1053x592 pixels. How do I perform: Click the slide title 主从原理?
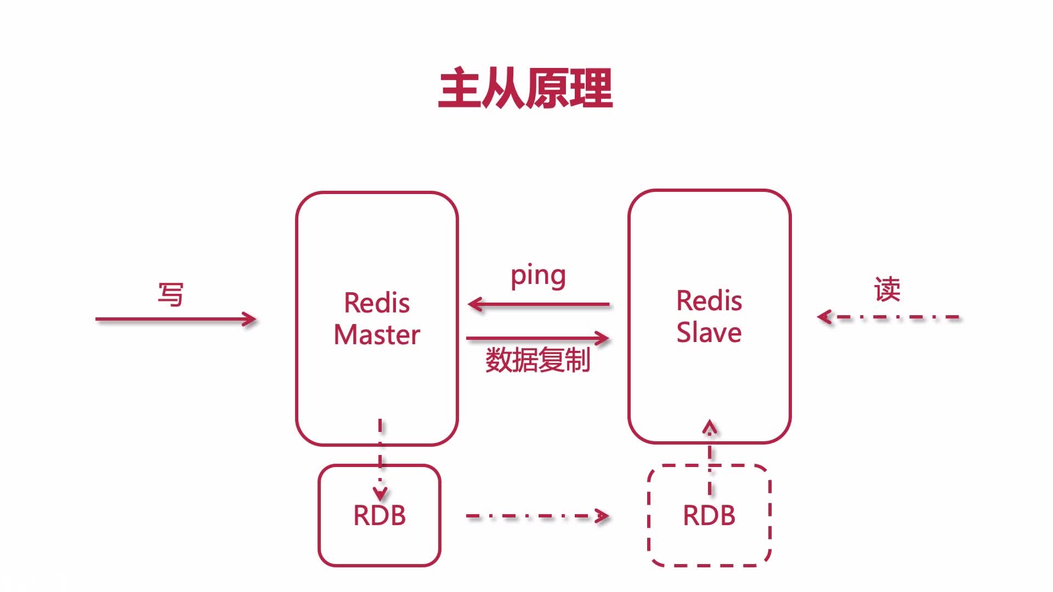point(525,88)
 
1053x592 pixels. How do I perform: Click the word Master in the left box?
point(377,334)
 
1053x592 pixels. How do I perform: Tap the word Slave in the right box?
point(709,332)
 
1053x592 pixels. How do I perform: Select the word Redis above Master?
point(377,303)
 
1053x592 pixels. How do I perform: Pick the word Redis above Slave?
point(709,300)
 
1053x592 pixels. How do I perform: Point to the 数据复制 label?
point(537,360)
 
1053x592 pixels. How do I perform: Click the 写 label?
point(171,294)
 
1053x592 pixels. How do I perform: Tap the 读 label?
point(887,289)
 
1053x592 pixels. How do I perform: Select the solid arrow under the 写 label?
point(175,319)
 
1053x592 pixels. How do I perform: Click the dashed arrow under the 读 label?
point(888,317)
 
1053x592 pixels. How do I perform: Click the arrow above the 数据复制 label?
point(537,338)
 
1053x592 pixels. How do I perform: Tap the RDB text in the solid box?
point(380,515)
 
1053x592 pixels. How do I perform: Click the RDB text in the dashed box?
point(709,515)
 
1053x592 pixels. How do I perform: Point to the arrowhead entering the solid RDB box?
point(380,493)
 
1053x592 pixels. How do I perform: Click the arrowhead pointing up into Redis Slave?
point(710,427)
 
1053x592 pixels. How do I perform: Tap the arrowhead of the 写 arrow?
point(250,319)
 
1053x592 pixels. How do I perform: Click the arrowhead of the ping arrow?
point(475,304)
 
